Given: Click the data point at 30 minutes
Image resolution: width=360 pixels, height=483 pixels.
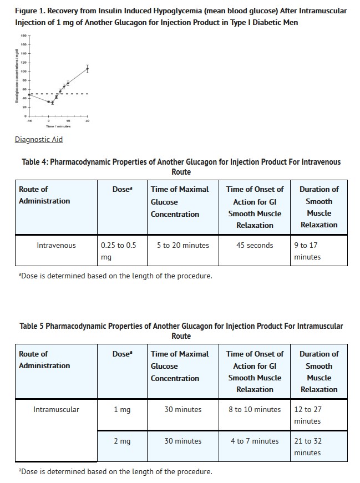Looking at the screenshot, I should click(87, 69).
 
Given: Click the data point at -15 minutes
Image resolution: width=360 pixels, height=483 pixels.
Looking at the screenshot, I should click(29, 95).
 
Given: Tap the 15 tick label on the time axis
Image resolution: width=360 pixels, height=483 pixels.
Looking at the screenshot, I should click(68, 120).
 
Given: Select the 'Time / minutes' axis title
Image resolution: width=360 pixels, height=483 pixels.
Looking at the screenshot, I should click(58, 126).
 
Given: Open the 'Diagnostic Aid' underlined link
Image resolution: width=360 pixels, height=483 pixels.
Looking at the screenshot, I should click(39, 139).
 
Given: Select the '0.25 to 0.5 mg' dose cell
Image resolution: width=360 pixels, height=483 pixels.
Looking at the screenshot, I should click(118, 251).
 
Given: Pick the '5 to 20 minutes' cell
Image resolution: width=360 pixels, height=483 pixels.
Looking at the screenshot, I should click(182, 245).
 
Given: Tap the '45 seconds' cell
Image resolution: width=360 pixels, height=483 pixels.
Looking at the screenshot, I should click(255, 245).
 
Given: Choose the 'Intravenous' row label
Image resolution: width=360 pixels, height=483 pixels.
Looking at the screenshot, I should click(56, 245).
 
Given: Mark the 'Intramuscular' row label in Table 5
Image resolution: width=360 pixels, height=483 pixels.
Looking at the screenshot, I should click(56, 410).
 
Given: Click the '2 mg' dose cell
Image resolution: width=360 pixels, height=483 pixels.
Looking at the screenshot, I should click(122, 441).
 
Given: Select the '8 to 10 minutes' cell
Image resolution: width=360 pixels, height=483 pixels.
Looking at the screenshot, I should click(255, 410).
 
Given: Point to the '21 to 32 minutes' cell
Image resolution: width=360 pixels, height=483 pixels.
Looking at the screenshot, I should click(308, 447).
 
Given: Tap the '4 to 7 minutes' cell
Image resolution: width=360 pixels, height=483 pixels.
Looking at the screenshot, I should click(255, 441).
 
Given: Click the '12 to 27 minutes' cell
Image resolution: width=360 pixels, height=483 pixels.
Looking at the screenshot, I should click(308, 415).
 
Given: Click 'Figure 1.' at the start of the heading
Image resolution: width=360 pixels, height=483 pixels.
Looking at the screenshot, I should click(31, 11).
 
